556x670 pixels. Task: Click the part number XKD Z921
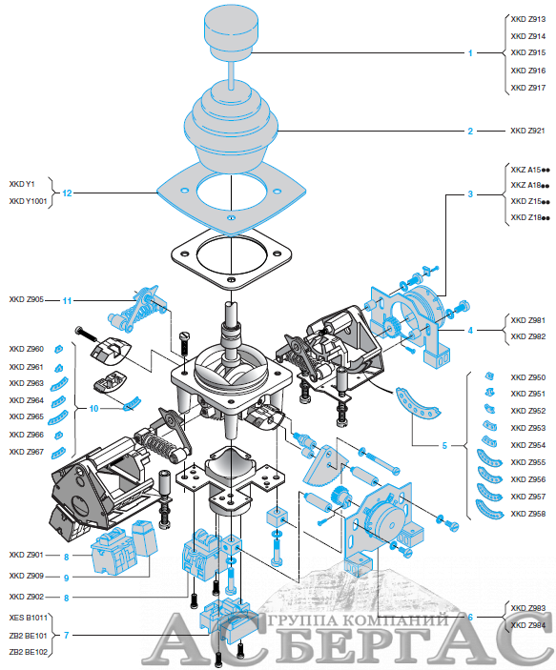[x=527, y=131]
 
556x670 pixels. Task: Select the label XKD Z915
[x=527, y=52]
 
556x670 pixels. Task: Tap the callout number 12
[x=67, y=193]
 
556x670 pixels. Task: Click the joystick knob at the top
[x=231, y=32]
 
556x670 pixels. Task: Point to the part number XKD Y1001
[x=28, y=201]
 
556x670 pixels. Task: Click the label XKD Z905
[x=27, y=299]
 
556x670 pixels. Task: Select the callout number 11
[x=67, y=301]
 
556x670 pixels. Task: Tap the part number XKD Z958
[x=527, y=514]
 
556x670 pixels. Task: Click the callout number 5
[x=444, y=446]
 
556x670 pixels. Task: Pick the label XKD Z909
[x=27, y=576]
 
